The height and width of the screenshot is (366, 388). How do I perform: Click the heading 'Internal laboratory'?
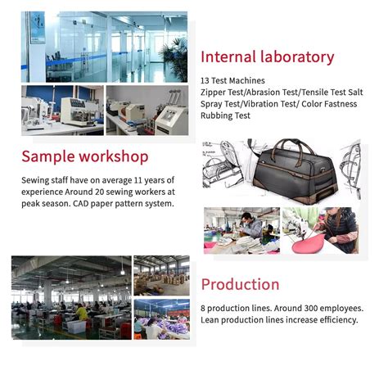(x=267, y=57)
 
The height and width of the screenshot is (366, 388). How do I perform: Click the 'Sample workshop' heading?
(x=85, y=156)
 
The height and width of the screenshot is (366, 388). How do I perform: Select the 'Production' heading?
(x=240, y=284)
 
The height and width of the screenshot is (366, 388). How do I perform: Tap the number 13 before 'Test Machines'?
(x=205, y=79)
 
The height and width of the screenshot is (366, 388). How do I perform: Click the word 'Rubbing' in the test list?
(x=218, y=115)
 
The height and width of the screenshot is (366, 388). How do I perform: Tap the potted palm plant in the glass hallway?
(x=173, y=49)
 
